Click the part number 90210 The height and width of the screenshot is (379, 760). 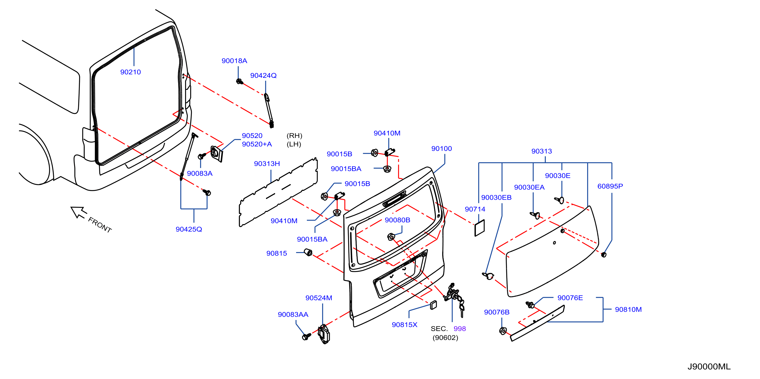tap(130, 72)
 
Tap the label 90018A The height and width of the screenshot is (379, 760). tap(234, 61)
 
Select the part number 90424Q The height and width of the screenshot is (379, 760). tap(263, 76)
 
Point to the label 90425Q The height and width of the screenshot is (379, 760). tap(189, 229)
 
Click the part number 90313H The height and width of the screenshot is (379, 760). tap(267, 163)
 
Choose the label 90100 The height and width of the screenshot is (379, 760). tap(441, 149)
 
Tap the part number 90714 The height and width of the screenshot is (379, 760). tap(475, 209)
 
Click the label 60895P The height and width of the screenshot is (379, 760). tap(610, 186)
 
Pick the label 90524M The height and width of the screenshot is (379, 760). tap(319, 298)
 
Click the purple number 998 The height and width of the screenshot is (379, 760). tap(460, 329)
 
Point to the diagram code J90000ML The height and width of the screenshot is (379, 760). tap(709, 366)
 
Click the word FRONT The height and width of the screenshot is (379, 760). tap(100, 225)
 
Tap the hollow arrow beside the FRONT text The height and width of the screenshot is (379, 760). tap(78, 212)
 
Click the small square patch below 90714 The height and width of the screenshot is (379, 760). tap(479, 228)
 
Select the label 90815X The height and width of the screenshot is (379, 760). tap(404, 325)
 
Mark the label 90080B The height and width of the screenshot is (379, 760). tap(397, 220)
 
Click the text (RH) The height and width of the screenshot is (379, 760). tap(294, 136)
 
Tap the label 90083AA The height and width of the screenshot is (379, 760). tap(293, 315)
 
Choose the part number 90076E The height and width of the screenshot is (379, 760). tap(570, 298)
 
